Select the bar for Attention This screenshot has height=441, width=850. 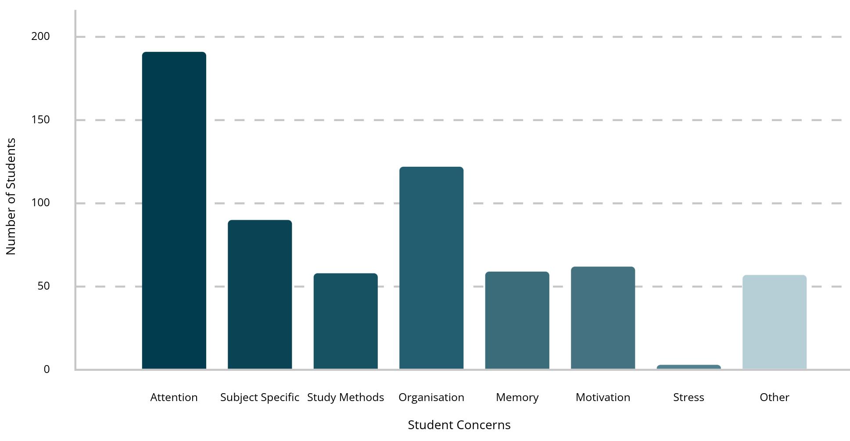[x=174, y=211]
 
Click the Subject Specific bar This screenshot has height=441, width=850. [x=260, y=294]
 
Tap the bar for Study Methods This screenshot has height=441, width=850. [x=346, y=321]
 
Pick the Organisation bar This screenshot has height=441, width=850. [x=431, y=268]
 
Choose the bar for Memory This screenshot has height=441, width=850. [x=517, y=320]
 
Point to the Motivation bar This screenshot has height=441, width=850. [x=603, y=318]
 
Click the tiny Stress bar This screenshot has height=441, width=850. [x=689, y=367]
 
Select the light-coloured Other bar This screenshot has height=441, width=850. [x=775, y=322]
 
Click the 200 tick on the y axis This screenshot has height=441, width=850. [x=41, y=36]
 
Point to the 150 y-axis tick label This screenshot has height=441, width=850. [x=41, y=120]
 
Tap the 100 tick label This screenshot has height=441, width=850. [x=41, y=203]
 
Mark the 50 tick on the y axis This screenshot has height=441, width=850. [x=44, y=286]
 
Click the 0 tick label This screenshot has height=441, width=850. [x=47, y=369]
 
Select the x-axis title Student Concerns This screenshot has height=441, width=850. [x=459, y=425]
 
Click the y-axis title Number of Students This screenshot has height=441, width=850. [x=11, y=197]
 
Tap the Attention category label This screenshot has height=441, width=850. [x=174, y=398]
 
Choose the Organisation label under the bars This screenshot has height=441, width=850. [x=431, y=398]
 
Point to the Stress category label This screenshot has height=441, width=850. [x=689, y=398]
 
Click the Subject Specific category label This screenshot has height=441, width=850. [x=260, y=398]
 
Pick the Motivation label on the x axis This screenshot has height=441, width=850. [x=603, y=398]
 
